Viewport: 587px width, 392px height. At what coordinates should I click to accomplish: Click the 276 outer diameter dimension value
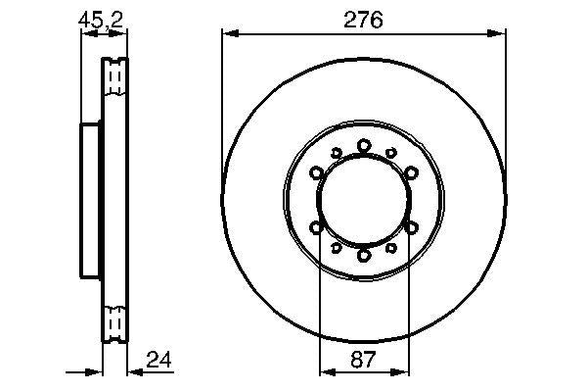tap(364, 19)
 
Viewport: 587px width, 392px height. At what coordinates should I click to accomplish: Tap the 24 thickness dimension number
tap(158, 360)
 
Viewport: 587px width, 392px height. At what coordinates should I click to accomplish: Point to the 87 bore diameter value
tap(364, 360)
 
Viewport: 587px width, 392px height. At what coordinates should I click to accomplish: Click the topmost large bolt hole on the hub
tap(364, 146)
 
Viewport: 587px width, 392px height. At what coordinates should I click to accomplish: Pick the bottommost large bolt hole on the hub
tap(364, 255)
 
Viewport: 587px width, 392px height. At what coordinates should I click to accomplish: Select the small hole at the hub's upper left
tap(337, 153)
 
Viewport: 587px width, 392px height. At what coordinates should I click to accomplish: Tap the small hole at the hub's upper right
tap(391, 153)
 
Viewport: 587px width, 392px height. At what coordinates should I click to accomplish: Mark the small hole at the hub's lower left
tap(337, 248)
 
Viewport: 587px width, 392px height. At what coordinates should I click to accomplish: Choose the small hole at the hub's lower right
tap(391, 248)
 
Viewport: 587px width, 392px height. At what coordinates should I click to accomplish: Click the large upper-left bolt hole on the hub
tap(317, 173)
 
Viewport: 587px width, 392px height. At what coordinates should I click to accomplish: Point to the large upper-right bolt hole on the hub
tap(411, 173)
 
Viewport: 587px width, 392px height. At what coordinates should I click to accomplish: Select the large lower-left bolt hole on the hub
tap(317, 227)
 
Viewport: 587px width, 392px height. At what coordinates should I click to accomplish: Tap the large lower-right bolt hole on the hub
tap(411, 227)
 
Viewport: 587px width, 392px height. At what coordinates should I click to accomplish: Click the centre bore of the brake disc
tap(364, 201)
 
